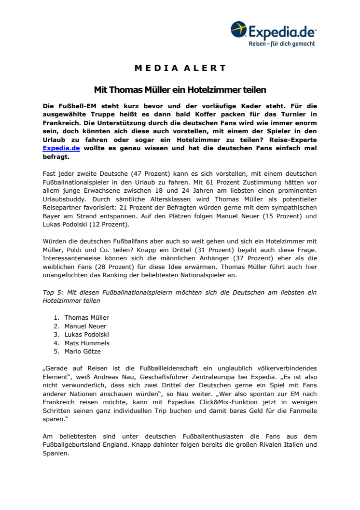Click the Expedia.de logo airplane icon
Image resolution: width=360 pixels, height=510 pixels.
(239, 29)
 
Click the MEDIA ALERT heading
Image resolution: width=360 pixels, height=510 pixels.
(180, 68)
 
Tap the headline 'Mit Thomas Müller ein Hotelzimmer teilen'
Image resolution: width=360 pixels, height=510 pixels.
(180, 90)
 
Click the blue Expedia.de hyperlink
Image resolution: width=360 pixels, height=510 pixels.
(61, 148)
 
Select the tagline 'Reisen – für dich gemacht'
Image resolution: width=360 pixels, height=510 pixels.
(282, 43)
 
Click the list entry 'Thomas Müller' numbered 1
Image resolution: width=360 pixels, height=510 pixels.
(87, 317)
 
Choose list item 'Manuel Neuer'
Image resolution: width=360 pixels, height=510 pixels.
(85, 326)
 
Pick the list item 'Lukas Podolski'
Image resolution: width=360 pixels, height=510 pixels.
(87, 335)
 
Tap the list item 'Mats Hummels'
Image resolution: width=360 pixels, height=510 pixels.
(87, 343)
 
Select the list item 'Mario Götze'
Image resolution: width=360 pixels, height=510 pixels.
(83, 352)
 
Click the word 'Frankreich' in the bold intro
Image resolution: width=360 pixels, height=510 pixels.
(61, 122)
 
